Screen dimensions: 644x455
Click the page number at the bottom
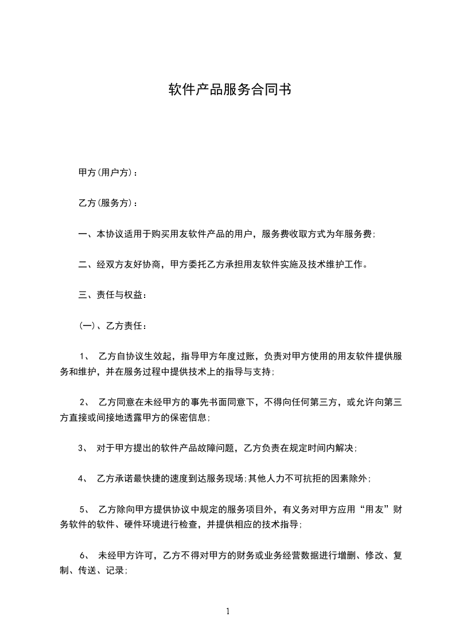tap(228, 611)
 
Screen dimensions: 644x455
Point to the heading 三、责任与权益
tap(111, 296)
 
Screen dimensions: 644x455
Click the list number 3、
tap(83, 448)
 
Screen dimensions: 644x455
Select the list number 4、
tap(83, 478)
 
